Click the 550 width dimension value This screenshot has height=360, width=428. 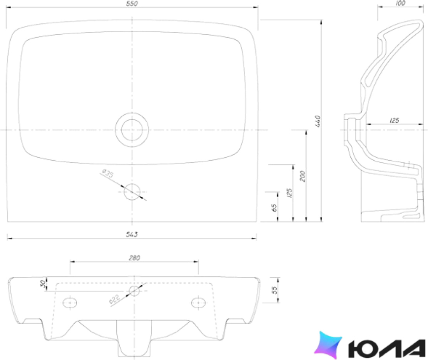tap(132, 4)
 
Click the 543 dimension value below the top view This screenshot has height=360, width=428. tap(132, 234)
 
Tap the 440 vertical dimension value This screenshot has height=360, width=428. tap(317, 121)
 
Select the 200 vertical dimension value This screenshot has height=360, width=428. tap(302, 176)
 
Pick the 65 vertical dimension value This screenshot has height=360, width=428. tap(275, 208)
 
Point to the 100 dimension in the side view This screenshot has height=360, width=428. tap(400, 3)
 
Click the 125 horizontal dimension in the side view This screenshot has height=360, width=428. tap(394, 120)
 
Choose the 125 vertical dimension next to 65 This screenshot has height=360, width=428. tap(289, 193)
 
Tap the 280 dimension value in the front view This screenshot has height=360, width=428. tap(134, 258)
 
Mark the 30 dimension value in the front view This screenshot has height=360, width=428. tap(43, 284)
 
